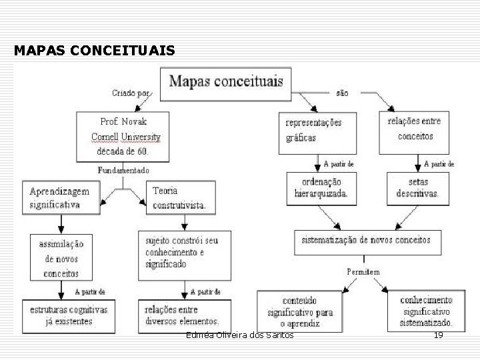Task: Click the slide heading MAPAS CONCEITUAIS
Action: click(94, 51)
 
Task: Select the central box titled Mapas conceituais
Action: click(225, 83)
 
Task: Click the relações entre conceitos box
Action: click(415, 129)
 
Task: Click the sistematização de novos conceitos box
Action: click(365, 241)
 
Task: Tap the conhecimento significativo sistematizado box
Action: click(425, 311)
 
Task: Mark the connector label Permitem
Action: click(363, 272)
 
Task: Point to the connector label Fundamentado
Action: click(124, 170)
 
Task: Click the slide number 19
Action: click(438, 335)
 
